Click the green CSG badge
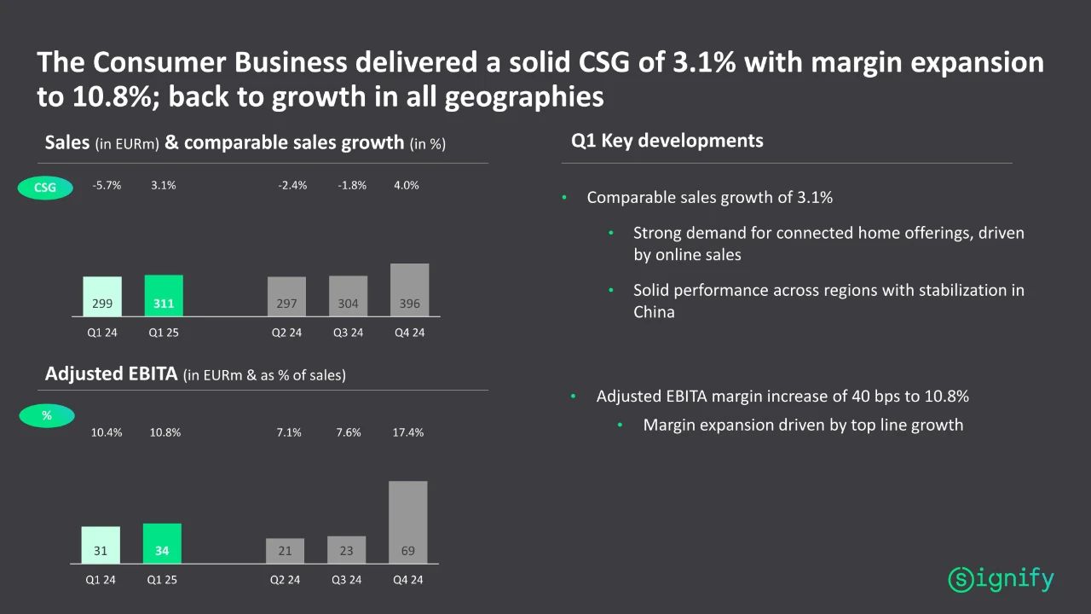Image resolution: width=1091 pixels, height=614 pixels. (45, 188)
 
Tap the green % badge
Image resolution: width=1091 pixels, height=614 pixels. (47, 416)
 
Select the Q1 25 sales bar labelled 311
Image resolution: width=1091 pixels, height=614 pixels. (164, 296)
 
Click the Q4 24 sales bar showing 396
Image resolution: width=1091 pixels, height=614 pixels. (409, 290)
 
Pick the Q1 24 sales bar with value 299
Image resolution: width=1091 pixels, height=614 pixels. (102, 297)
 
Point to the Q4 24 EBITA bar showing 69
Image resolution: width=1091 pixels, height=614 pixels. (407, 522)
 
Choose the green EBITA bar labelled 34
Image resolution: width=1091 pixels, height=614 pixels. (162, 543)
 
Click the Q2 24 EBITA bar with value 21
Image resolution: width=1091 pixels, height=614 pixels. (285, 550)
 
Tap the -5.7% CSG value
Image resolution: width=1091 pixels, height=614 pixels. (107, 185)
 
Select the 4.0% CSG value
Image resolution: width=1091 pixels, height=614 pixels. (407, 185)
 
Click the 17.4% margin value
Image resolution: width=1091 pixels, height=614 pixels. (407, 432)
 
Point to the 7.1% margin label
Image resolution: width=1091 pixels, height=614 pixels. (289, 432)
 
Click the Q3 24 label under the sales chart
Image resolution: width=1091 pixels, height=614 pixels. (348, 333)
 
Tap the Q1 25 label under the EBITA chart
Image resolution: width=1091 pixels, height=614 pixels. (162, 580)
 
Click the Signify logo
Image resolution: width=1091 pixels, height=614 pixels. (1001, 580)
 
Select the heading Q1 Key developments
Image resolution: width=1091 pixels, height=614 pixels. (667, 141)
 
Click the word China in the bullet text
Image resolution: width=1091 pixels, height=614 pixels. (654, 312)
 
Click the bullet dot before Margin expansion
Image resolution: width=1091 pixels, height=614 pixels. (621, 425)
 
